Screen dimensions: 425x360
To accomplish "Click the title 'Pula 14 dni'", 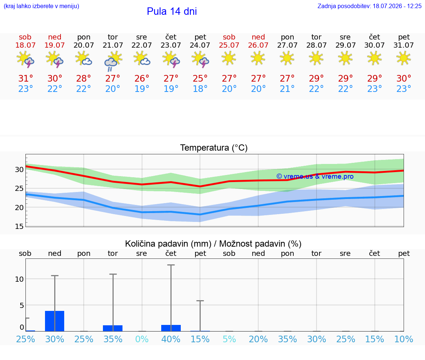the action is click(172, 11).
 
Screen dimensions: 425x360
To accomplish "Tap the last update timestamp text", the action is click(369, 6).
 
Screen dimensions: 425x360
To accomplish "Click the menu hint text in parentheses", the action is click(41, 6).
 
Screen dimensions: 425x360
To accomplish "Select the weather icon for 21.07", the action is click(113, 61).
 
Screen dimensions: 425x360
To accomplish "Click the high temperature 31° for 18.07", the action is click(25, 79).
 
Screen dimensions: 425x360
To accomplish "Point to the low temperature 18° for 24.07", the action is click(200, 89).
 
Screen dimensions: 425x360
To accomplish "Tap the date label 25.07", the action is click(229, 45).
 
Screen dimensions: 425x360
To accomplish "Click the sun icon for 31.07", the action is click(404, 58).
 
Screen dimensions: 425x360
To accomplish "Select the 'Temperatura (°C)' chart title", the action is click(214, 148).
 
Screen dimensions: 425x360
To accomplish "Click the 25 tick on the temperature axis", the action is click(19, 188).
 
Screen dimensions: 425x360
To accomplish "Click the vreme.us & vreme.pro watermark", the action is click(315, 176).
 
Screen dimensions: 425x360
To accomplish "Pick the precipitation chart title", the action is click(213, 244).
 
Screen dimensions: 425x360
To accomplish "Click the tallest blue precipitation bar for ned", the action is click(55, 321).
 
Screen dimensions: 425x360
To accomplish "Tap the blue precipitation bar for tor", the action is click(113, 328).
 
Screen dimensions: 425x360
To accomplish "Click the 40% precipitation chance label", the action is click(171, 339).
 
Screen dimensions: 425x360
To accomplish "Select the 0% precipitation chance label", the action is click(142, 339).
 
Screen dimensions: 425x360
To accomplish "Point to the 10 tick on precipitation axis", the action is click(19, 279).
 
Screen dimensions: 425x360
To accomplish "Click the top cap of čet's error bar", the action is click(171, 265).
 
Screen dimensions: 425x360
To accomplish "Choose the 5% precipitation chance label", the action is click(229, 339).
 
